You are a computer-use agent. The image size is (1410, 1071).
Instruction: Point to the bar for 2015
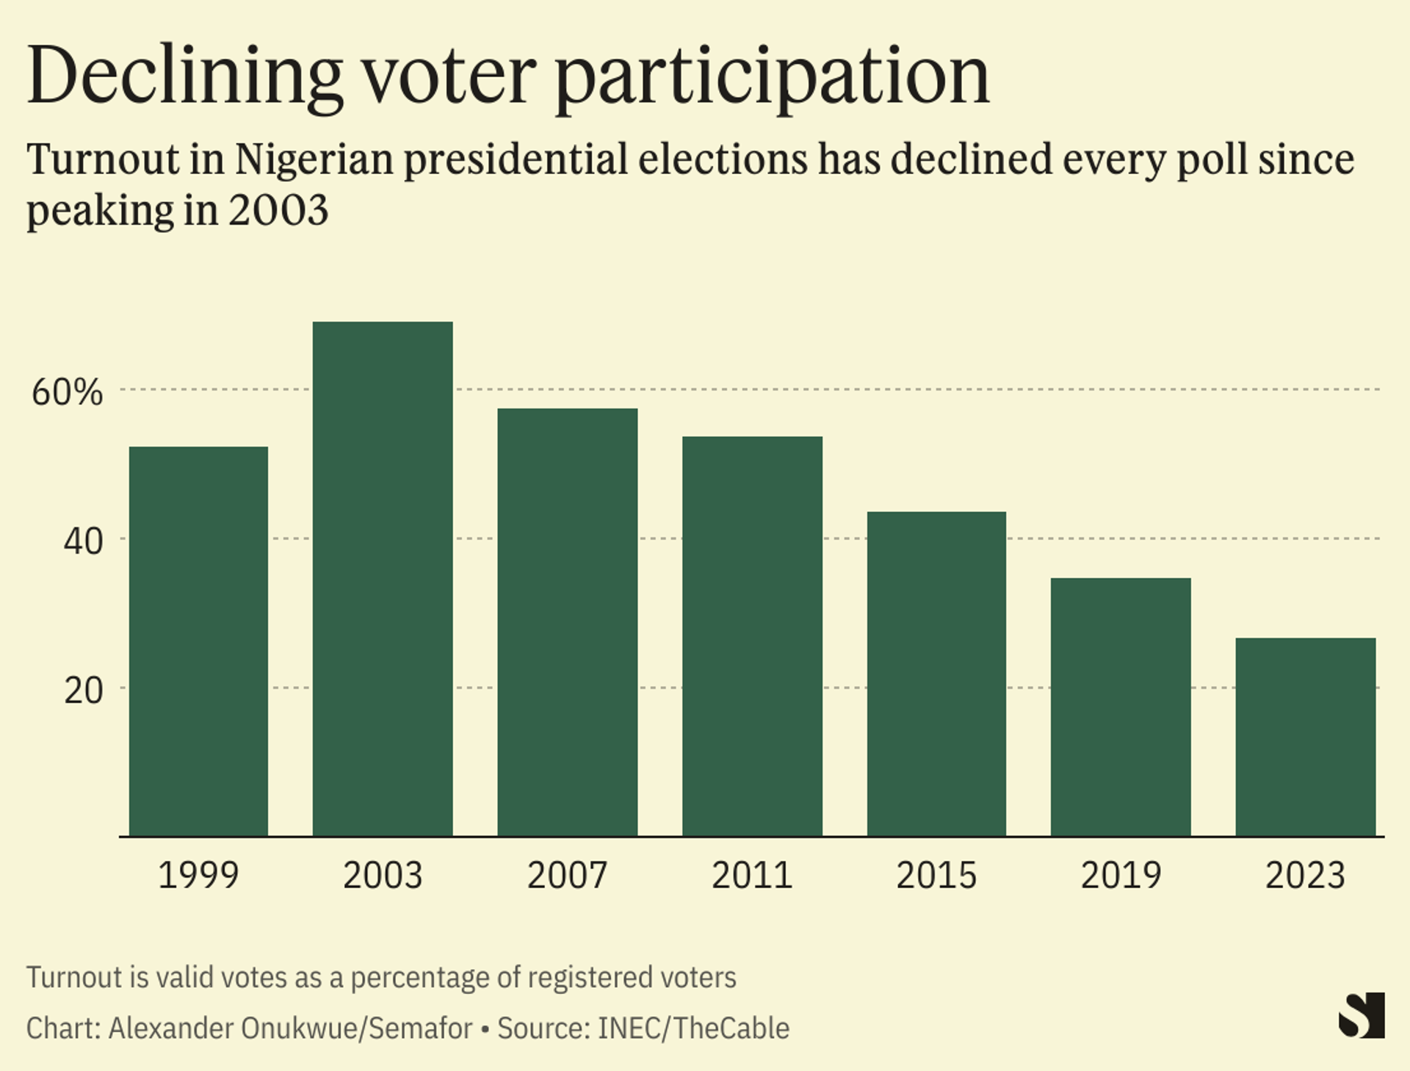pyautogui.click(x=936, y=674)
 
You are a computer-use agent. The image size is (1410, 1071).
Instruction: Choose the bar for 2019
pyautogui.click(x=1121, y=707)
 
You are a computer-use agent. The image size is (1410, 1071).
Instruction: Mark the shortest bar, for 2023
pyautogui.click(x=1305, y=737)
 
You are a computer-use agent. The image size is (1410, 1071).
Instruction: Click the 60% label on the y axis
pyautogui.click(x=67, y=392)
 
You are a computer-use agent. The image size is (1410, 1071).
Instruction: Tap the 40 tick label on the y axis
pyautogui.click(x=83, y=542)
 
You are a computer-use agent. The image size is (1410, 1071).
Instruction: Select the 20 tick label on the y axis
pyautogui.click(x=83, y=690)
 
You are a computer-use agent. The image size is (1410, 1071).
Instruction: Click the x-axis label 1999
pyautogui.click(x=198, y=875)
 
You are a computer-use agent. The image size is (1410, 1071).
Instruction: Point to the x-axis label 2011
pyautogui.click(x=752, y=875)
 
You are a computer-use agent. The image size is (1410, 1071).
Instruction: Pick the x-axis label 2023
pyautogui.click(x=1305, y=875)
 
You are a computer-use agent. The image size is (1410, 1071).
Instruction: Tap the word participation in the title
pyautogui.click(x=772, y=76)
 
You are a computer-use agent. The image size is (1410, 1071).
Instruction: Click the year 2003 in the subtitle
pyautogui.click(x=278, y=211)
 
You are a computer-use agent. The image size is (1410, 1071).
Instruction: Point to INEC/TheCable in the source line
pyautogui.click(x=693, y=1028)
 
